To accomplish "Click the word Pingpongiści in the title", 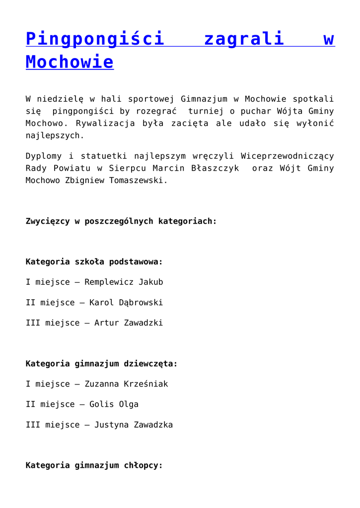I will (x=95, y=39).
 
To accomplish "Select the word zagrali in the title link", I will (x=244, y=39).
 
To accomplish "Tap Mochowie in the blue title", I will (x=70, y=62).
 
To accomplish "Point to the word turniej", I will (x=206, y=111).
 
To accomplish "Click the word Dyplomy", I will (x=43, y=156).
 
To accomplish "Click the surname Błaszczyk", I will (x=218, y=168).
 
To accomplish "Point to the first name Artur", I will (x=106, y=323).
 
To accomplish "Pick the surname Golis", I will (x=101, y=404).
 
